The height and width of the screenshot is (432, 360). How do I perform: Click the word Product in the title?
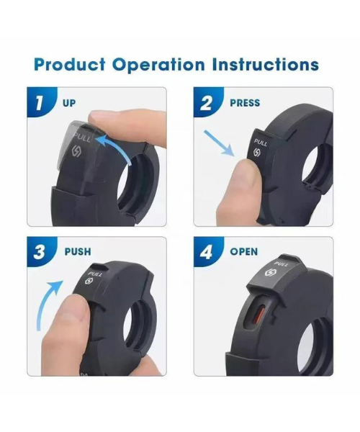click(x=69, y=65)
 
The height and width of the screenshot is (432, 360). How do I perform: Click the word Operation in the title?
click(x=158, y=65)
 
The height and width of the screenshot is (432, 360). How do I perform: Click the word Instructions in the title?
click(x=266, y=65)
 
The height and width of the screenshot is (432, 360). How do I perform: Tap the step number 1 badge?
click(x=40, y=102)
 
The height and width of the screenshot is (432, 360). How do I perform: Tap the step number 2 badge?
click(x=207, y=103)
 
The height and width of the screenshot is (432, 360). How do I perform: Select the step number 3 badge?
click(x=40, y=251)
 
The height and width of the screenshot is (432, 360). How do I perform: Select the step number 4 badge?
click(x=207, y=251)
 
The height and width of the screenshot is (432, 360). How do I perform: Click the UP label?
click(x=69, y=103)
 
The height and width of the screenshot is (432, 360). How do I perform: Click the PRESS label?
click(x=245, y=103)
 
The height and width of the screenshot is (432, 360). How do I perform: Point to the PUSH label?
click(x=78, y=251)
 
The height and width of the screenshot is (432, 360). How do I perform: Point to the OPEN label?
click(x=244, y=251)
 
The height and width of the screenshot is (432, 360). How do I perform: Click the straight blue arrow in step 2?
click(x=219, y=143)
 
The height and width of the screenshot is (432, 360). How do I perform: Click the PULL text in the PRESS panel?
click(x=261, y=143)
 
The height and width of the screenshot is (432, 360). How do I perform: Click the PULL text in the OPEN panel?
click(x=282, y=264)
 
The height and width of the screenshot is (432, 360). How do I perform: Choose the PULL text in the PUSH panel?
click(x=95, y=274)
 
